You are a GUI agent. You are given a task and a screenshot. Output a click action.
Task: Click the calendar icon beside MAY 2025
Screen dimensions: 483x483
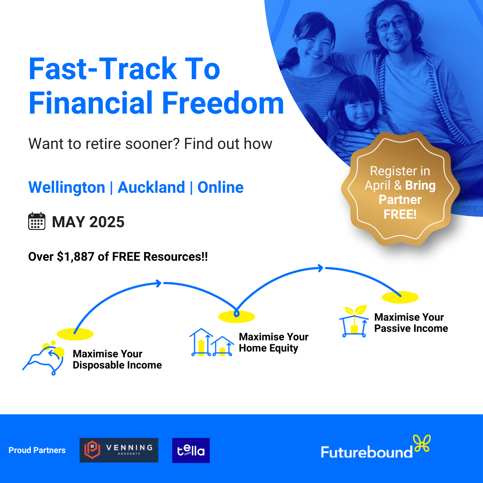coord(37,221)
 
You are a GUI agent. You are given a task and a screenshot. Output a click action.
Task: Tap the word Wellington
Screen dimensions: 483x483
coord(67,187)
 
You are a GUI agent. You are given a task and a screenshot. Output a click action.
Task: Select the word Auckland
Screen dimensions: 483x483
coord(151,187)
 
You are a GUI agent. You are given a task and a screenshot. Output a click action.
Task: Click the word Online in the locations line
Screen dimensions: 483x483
coord(220,187)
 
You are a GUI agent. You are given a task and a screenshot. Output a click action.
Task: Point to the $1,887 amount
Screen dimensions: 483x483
coord(76,257)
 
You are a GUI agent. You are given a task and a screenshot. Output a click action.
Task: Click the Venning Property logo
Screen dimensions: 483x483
coord(119,450)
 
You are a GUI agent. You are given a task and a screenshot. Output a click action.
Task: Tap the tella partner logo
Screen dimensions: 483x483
coord(191,450)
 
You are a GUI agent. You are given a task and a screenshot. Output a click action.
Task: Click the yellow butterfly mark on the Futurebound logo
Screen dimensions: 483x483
coord(422,443)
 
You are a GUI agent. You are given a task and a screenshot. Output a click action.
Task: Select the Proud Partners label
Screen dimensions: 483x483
coord(37,450)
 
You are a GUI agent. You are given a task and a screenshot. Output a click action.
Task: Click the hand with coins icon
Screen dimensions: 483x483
coord(44,358)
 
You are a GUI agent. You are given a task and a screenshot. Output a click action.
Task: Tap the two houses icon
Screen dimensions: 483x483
coord(212,343)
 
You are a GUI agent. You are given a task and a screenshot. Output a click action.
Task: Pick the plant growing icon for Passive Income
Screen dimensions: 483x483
coord(354,321)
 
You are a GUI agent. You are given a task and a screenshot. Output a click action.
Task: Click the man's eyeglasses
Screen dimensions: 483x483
coord(391,24)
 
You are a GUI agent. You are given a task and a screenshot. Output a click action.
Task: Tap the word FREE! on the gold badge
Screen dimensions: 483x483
coord(400,214)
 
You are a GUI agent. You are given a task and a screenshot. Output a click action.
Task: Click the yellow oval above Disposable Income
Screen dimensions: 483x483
coord(75,334)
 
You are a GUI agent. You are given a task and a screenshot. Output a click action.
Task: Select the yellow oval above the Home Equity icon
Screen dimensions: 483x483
coord(237,317)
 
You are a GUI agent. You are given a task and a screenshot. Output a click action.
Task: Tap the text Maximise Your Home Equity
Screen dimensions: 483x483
coord(274,342)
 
